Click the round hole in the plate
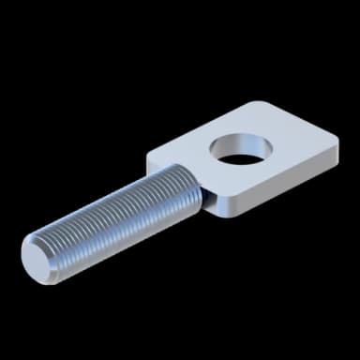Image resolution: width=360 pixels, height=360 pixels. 240,148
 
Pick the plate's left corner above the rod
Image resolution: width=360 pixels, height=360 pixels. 150,153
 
